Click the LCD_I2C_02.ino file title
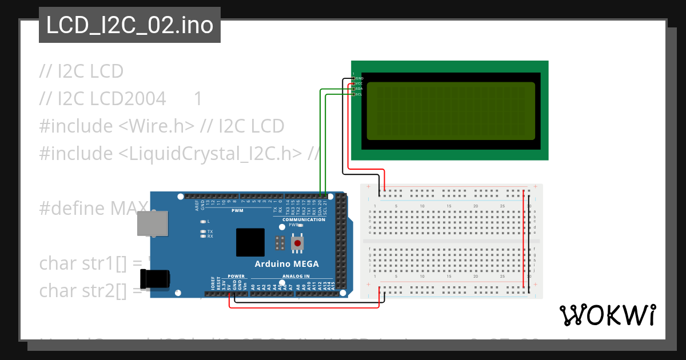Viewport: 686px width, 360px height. click(x=129, y=25)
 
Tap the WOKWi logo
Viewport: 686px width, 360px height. click(x=608, y=315)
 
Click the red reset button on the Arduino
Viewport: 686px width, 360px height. click(x=297, y=243)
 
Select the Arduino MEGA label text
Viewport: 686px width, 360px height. click(x=286, y=263)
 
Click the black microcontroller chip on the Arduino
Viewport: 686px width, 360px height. click(x=250, y=242)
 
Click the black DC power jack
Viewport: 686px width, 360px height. click(x=155, y=279)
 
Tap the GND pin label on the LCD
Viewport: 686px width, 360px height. click(x=359, y=78)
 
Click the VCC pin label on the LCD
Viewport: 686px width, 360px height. click(x=359, y=83)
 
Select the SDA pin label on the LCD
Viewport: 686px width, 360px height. click(x=359, y=89)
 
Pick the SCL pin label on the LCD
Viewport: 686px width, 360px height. click(x=359, y=94)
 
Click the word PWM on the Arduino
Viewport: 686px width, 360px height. click(x=237, y=211)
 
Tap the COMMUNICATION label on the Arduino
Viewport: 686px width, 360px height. click(x=304, y=219)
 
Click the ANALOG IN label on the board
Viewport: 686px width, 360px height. click(x=296, y=276)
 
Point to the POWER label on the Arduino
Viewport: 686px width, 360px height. click(x=236, y=276)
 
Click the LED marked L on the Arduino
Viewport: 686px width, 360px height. click(x=203, y=221)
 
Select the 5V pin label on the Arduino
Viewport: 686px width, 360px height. click(x=229, y=287)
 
